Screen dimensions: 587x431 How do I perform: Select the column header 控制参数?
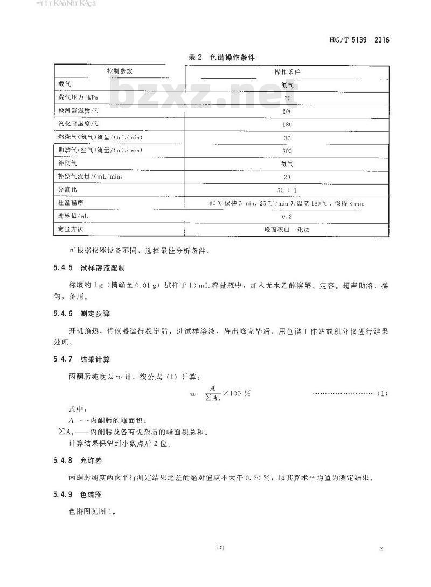[119, 72]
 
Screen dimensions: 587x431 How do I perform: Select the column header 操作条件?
[287, 72]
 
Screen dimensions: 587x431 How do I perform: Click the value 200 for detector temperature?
[287, 111]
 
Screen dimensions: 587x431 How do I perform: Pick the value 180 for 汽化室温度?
[287, 124]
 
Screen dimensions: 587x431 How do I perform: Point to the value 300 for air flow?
[287, 151]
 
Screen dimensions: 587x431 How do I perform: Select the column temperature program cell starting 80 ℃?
[287, 203]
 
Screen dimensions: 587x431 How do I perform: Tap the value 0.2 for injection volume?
[287, 216]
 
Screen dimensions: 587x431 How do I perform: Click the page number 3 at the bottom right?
[381, 548]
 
